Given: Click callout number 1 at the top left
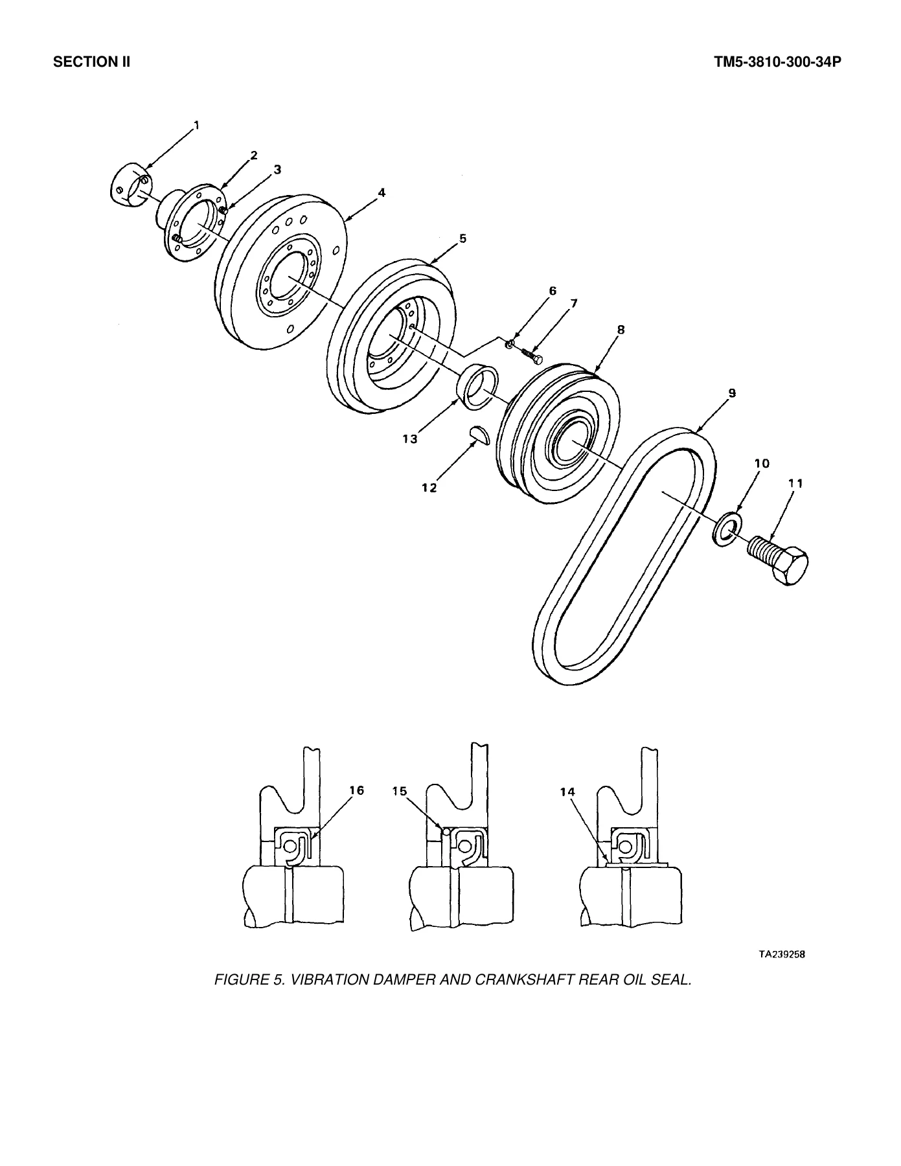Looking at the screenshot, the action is click(196, 125).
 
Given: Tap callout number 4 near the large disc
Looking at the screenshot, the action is click(382, 192).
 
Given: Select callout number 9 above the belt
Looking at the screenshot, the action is click(731, 393).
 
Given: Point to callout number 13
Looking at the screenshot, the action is click(409, 439).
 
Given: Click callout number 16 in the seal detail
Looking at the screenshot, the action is click(357, 790).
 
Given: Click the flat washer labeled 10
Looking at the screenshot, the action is click(728, 527).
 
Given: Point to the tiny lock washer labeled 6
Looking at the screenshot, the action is click(510, 343).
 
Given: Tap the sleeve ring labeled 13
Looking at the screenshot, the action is click(477, 387).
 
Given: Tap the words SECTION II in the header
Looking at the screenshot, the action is click(92, 63).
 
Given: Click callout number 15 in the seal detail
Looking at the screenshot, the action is click(400, 791).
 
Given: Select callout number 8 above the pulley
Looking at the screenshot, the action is click(621, 330).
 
